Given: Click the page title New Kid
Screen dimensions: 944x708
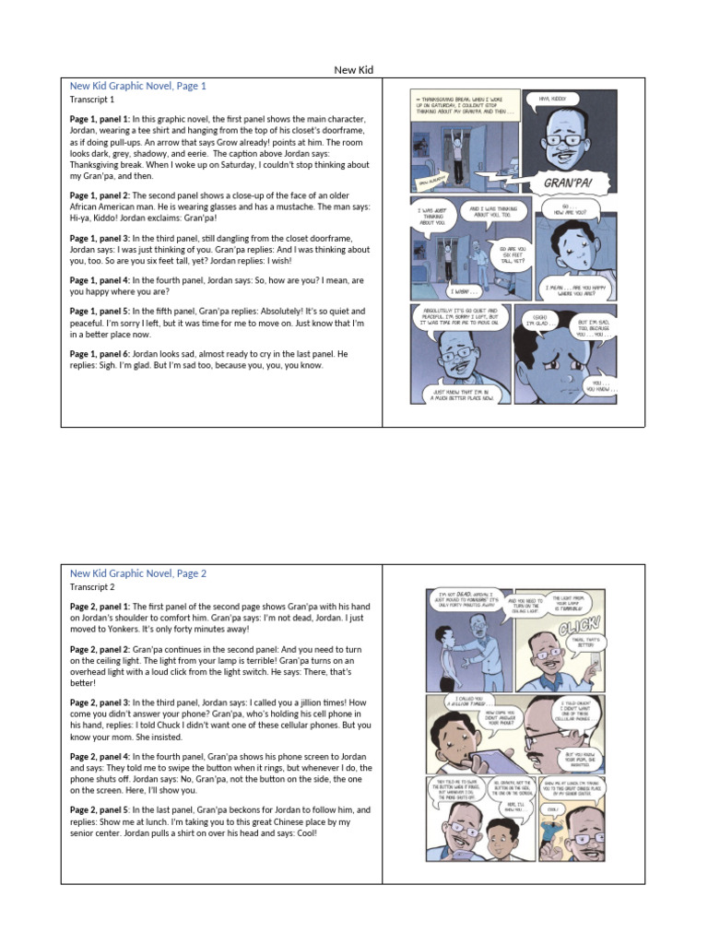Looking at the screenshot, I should point(353,70).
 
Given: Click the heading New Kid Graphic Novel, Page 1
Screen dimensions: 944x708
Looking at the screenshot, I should point(138,86).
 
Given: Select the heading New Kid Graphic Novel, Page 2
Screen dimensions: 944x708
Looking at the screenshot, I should point(138,573).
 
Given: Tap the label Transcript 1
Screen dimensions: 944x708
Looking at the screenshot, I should point(92,100).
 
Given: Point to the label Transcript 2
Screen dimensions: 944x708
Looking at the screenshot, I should point(92,587).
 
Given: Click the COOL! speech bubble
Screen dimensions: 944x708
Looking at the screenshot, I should point(551,809).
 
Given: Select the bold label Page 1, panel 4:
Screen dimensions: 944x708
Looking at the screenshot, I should point(100,280).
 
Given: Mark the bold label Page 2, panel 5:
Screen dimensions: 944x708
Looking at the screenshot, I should point(100,809).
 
